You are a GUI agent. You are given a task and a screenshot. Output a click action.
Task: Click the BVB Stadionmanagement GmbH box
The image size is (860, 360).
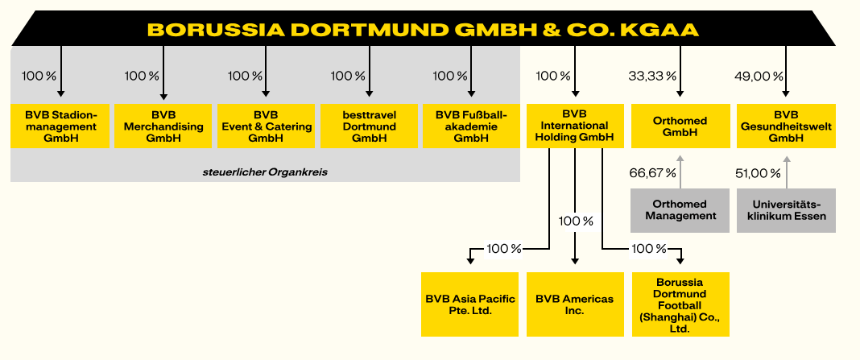[60, 126]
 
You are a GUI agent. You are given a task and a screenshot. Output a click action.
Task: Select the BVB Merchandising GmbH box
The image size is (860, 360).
[163, 126]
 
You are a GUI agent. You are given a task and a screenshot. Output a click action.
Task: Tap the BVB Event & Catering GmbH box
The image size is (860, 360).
[267, 126]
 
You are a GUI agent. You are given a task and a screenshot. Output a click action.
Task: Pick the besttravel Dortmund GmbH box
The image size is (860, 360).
[370, 126]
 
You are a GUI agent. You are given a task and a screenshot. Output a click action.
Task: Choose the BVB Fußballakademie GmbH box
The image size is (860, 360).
[472, 126]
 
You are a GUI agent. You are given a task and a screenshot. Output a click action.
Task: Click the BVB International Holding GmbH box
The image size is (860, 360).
[575, 126]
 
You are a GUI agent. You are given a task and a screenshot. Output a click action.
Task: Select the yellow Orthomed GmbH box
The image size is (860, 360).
[679, 126]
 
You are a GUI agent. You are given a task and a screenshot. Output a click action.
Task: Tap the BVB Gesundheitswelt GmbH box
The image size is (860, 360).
[786, 126]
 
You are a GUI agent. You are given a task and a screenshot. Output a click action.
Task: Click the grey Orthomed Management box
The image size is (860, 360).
[680, 210]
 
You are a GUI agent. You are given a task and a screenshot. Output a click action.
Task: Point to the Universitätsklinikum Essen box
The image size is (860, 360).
[787, 210]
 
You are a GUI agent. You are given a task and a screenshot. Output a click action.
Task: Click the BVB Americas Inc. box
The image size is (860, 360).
[575, 304]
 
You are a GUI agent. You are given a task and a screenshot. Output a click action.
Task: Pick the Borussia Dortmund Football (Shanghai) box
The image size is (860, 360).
[680, 304]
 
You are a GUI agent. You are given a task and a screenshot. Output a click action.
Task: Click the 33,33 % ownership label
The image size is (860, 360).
[651, 77]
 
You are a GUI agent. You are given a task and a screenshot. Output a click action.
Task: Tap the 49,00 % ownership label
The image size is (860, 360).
[759, 77]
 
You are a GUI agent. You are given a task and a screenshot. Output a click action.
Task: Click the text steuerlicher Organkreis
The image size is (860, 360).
[265, 172]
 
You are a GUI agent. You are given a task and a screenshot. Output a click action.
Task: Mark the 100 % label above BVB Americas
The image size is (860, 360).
[576, 221]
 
